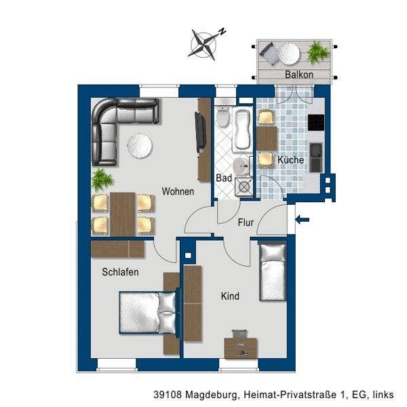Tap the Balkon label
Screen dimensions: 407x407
click(299, 75)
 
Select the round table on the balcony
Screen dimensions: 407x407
click(288, 54)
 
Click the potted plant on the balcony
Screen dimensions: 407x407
click(318, 53)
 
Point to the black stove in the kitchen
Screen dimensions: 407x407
click(316, 123)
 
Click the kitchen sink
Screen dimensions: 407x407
click(316, 157)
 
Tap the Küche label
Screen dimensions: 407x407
click(291, 160)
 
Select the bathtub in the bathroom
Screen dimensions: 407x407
click(242, 130)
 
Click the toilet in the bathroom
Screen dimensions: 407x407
click(222, 116)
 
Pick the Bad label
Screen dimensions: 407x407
click(224, 178)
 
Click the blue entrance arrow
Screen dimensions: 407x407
click(303, 220)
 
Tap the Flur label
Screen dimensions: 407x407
click(246, 222)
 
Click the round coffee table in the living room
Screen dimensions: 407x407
click(139, 146)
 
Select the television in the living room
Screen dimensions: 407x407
click(200, 132)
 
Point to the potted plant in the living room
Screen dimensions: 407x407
click(102, 180)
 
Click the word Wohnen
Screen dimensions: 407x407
click(178, 191)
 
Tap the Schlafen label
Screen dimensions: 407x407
click(120, 272)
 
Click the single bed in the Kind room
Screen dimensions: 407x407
click(273, 272)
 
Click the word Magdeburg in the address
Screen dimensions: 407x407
click(212, 395)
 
